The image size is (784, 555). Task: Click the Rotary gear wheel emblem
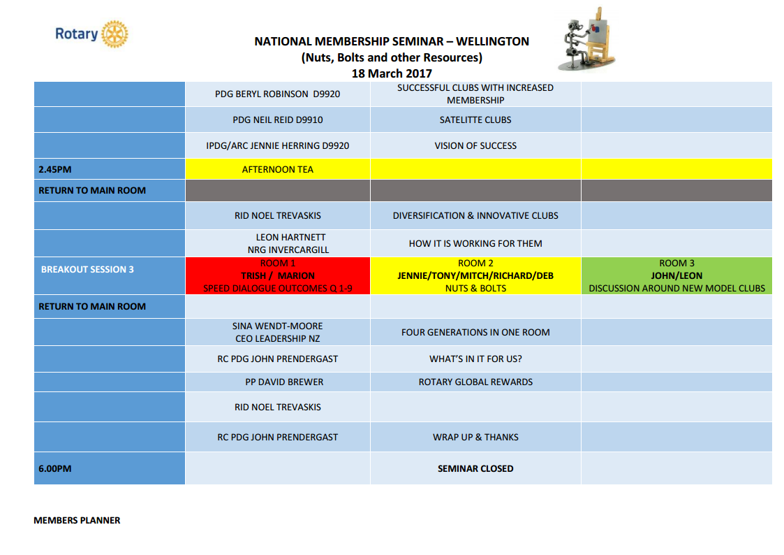coord(114,34)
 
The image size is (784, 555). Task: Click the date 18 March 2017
coord(392,73)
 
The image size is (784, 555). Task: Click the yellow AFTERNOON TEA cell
coord(278,169)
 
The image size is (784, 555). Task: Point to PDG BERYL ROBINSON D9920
coord(278,94)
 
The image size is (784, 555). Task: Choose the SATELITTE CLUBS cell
coord(475,120)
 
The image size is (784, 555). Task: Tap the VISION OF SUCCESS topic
coord(475,145)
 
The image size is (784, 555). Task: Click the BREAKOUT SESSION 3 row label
coord(87,269)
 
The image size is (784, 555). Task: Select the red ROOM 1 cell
coord(278,275)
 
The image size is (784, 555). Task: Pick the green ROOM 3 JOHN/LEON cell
coord(676,275)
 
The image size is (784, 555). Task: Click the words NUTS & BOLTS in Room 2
coord(475,288)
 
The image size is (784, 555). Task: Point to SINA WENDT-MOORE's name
coord(278,326)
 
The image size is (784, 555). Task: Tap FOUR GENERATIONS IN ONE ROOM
coord(475,332)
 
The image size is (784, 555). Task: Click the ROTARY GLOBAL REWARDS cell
coord(475,382)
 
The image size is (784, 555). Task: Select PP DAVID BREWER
coord(279,382)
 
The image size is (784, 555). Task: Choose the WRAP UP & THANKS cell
coord(475,437)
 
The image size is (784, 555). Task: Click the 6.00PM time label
coord(55,468)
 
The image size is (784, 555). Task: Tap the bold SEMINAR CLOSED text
coord(475,468)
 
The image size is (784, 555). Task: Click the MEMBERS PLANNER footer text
coord(77,520)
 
